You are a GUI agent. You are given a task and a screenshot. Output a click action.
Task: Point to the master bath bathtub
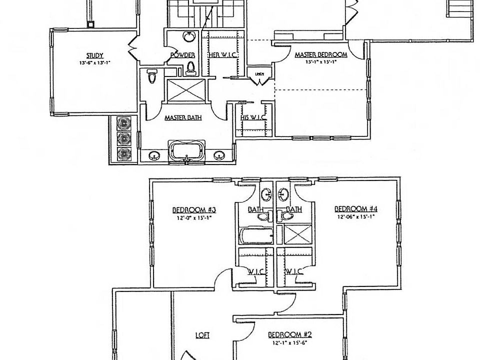tap(187, 150)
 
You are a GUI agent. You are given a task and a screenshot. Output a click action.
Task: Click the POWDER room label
tap(182, 55)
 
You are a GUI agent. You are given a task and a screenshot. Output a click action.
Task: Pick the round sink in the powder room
tap(189, 36)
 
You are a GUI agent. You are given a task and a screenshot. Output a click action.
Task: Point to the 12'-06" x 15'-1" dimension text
tap(355, 216)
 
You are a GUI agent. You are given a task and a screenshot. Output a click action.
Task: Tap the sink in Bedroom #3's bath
tap(266, 194)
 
